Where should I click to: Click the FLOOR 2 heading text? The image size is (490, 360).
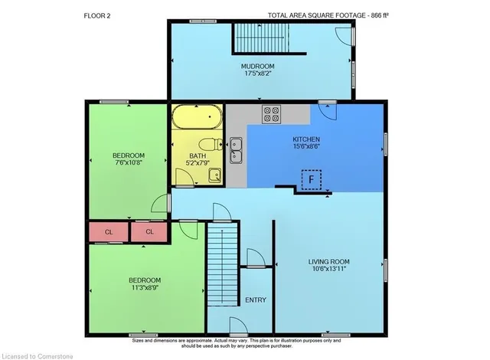97,15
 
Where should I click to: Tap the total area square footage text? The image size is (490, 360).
328,15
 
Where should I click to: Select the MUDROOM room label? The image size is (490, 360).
257,66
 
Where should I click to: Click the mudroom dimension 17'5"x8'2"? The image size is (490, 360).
257,74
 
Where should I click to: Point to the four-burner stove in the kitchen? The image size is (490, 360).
271,114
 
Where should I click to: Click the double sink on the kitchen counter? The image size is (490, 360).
236,150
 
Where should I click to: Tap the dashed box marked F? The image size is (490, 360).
312,180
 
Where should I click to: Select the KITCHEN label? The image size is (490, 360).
306,139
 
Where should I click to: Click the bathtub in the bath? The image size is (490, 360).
197,117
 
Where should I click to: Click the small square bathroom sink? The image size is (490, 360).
215,175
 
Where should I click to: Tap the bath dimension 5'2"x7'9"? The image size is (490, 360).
198,163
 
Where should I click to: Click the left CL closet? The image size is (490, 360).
109,232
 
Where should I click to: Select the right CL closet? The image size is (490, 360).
149,231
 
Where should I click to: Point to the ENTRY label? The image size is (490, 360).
256,300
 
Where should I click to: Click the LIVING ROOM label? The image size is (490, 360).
328,261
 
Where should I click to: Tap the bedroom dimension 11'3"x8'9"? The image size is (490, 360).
145,287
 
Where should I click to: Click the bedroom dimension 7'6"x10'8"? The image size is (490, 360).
129,162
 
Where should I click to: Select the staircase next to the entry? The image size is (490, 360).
222,264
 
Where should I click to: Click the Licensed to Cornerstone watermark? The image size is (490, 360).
38,356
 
